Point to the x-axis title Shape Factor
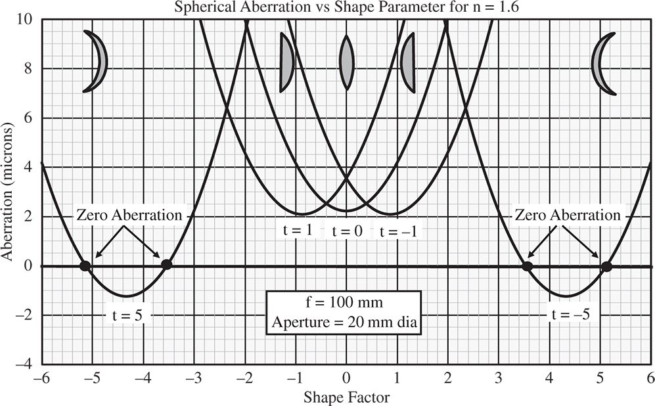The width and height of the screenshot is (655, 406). click(346, 397)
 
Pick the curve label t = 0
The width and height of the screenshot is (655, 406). click(347, 231)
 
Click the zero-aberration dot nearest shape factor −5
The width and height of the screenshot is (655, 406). click(85, 265)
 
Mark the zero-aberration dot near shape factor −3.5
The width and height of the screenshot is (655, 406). click(166, 264)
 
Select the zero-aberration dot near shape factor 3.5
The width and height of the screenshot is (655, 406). click(527, 265)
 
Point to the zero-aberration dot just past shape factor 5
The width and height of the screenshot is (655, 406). click(606, 266)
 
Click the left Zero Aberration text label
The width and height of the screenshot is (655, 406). click(129, 215)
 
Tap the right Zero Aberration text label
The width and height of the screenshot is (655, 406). click(567, 215)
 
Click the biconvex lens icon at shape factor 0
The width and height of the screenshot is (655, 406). click(346, 62)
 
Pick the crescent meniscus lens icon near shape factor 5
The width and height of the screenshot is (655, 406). click(604, 63)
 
